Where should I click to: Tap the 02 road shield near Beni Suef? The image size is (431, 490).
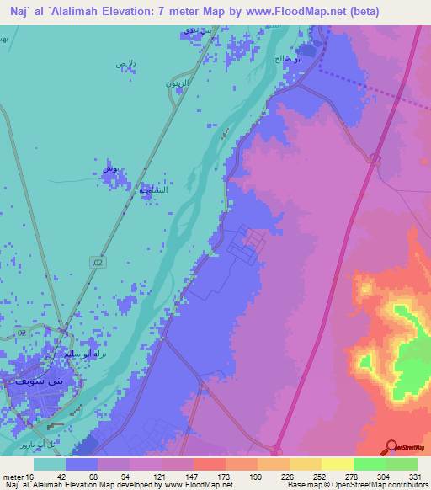click(x=23, y=334)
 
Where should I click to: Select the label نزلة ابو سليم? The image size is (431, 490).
click(x=84, y=354)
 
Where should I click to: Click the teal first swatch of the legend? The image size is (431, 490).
click(x=50, y=463)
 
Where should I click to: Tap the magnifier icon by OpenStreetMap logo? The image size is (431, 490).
click(x=392, y=448)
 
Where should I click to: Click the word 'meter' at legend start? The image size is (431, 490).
click(x=13, y=476)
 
